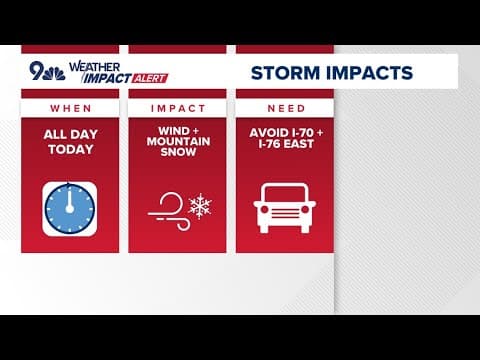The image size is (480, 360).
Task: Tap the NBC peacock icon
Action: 55,73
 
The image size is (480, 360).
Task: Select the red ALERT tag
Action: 151,78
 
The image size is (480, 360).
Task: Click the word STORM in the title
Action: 283,72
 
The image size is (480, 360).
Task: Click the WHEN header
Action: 70,107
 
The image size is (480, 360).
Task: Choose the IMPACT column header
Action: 177,107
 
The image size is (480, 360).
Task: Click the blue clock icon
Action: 70,207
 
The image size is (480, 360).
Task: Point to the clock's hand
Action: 70,199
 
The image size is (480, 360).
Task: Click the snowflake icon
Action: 200,205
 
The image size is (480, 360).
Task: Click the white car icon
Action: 284,207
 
